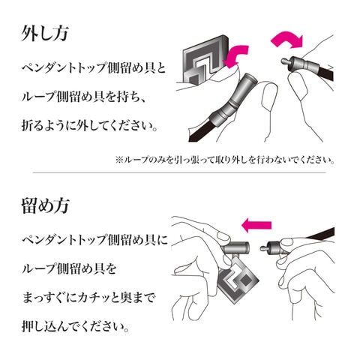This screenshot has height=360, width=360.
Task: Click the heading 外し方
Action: point(44,34)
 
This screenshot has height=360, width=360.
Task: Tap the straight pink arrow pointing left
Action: point(256,225)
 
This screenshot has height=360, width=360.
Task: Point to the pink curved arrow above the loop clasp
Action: point(287,40)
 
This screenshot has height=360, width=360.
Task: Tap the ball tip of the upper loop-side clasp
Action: point(283,61)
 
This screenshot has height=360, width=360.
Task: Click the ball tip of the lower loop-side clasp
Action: point(262,249)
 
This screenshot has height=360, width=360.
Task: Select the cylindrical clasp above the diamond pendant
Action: point(235,249)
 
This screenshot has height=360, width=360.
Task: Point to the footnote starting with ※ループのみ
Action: point(225,160)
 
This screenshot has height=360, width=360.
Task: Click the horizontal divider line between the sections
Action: point(179,172)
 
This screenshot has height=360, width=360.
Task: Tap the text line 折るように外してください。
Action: point(90,126)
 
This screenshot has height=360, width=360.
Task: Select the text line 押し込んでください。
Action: point(76,327)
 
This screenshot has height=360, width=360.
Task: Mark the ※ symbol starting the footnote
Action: point(118,160)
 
